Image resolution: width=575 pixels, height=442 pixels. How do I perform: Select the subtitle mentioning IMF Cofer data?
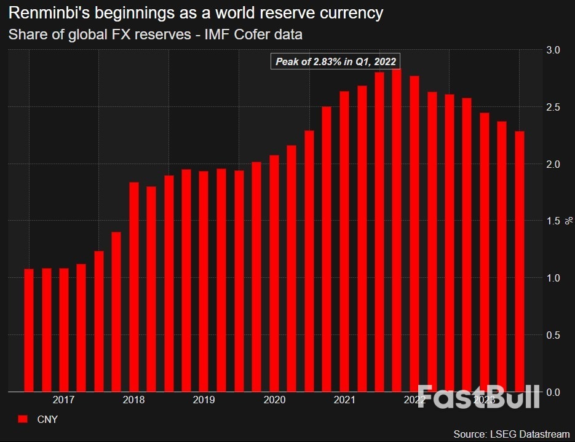point(155,34)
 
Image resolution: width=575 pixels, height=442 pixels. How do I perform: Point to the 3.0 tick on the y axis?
point(552,50)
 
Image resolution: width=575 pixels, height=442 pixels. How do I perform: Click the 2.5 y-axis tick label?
point(552,107)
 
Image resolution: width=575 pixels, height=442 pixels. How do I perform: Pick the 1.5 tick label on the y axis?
point(552,221)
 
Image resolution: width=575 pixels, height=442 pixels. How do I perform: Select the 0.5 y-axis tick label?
point(552,335)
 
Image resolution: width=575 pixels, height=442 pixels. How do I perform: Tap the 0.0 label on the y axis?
point(552,392)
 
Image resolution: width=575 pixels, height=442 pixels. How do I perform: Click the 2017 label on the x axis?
point(64,400)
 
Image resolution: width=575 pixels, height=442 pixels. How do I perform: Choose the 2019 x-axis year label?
point(204,400)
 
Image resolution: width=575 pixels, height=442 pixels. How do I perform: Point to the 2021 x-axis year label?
point(344,400)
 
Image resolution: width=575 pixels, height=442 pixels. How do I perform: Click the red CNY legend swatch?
point(23,419)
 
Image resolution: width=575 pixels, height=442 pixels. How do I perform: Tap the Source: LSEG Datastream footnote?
point(510,433)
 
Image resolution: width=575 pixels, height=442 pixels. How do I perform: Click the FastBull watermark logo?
point(478,397)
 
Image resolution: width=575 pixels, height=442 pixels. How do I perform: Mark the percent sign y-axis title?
point(569,221)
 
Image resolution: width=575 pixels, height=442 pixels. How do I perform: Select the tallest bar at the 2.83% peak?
point(397,231)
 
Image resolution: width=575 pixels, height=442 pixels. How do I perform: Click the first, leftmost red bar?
point(29,330)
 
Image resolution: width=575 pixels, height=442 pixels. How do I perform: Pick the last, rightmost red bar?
point(520,261)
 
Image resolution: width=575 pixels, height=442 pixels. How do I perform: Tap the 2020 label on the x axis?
point(274,400)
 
